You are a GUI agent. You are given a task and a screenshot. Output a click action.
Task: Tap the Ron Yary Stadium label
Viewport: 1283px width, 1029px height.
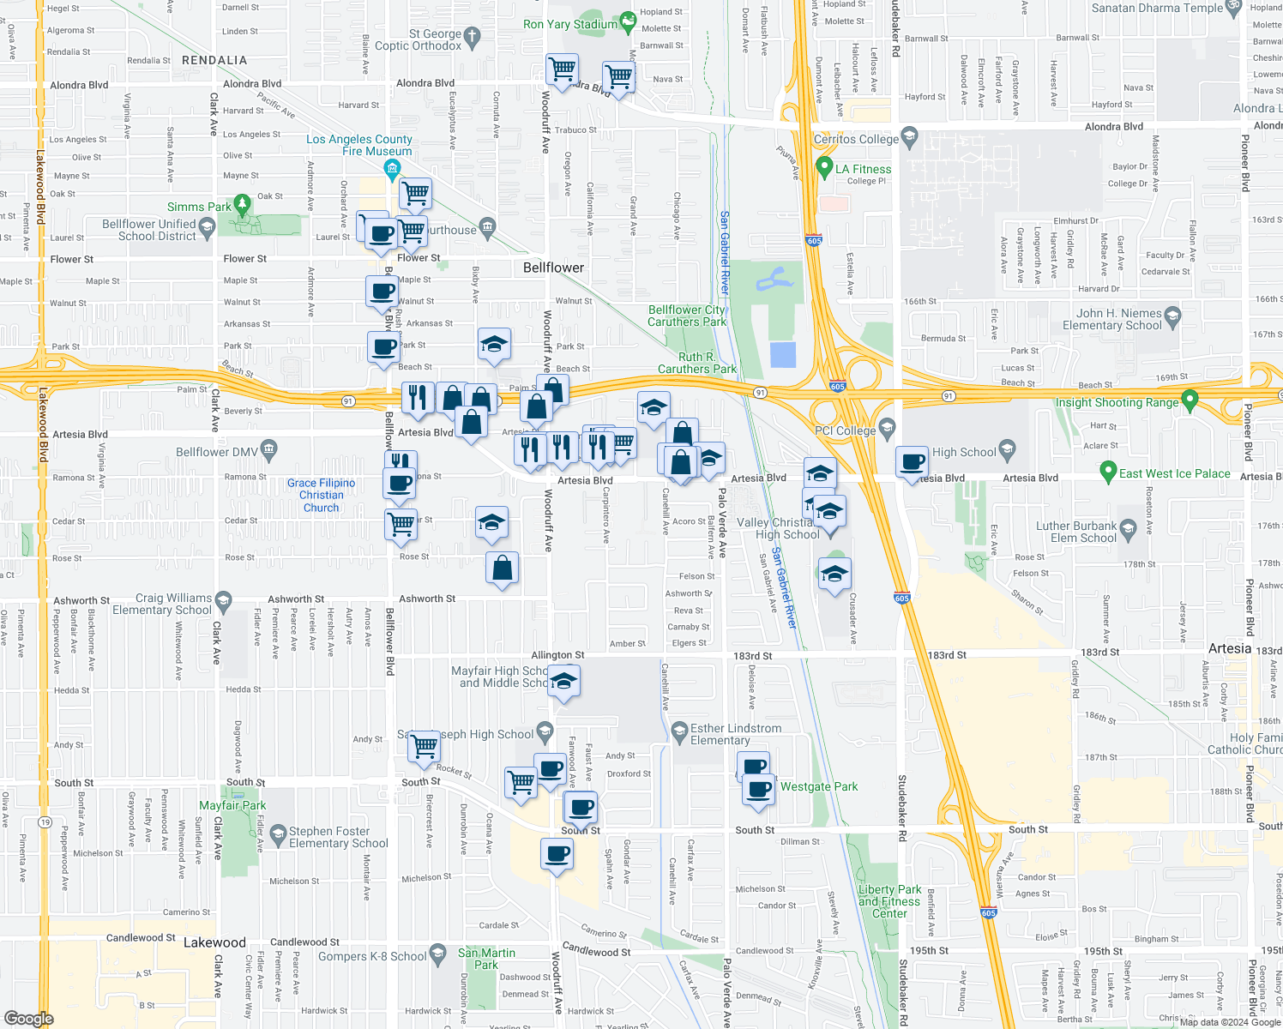click(x=570, y=24)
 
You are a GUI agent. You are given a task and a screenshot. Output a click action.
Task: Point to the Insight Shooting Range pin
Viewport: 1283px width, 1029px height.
click(x=1190, y=400)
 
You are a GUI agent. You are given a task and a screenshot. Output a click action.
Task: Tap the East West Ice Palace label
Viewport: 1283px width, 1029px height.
click(x=1174, y=473)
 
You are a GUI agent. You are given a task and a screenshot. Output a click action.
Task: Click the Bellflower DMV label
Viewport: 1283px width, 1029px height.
click(x=216, y=452)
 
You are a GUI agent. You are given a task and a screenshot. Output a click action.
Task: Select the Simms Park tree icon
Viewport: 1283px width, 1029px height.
click(x=243, y=205)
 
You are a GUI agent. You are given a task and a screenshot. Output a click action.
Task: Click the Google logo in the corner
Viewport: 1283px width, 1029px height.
click(x=28, y=1018)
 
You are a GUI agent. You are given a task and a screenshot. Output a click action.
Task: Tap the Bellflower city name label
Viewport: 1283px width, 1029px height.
click(x=553, y=268)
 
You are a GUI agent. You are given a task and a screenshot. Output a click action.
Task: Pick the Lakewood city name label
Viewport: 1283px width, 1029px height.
click(x=214, y=942)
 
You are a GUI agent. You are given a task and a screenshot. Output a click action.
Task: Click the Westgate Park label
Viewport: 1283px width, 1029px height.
click(x=818, y=786)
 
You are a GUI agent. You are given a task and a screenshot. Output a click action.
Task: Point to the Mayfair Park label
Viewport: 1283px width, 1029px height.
click(x=232, y=805)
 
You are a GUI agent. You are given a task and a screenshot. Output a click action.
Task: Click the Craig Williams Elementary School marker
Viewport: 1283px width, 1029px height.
click(x=224, y=599)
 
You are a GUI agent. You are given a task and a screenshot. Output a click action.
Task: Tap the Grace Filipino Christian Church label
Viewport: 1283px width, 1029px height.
click(x=321, y=495)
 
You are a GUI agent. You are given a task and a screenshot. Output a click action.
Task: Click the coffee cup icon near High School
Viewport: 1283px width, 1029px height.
click(x=913, y=462)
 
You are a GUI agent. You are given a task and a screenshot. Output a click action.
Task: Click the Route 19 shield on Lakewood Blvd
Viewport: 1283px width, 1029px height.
click(x=45, y=822)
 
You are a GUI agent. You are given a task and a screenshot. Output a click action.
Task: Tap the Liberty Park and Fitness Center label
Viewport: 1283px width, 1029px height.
click(x=889, y=901)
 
